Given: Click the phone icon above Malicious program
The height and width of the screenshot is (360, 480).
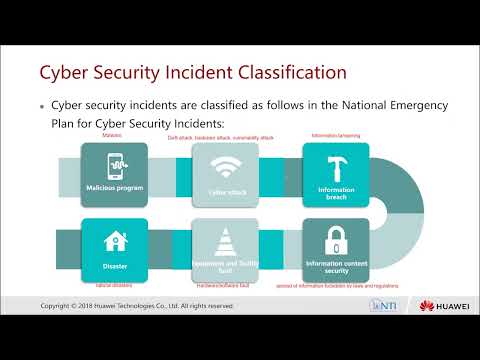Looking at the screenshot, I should point(112,165).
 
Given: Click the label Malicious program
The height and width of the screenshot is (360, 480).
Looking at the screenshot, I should point(112,188).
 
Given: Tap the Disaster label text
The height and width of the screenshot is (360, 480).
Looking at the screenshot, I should point(112,267).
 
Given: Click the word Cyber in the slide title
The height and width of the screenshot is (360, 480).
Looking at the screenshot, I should point(62,73).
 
